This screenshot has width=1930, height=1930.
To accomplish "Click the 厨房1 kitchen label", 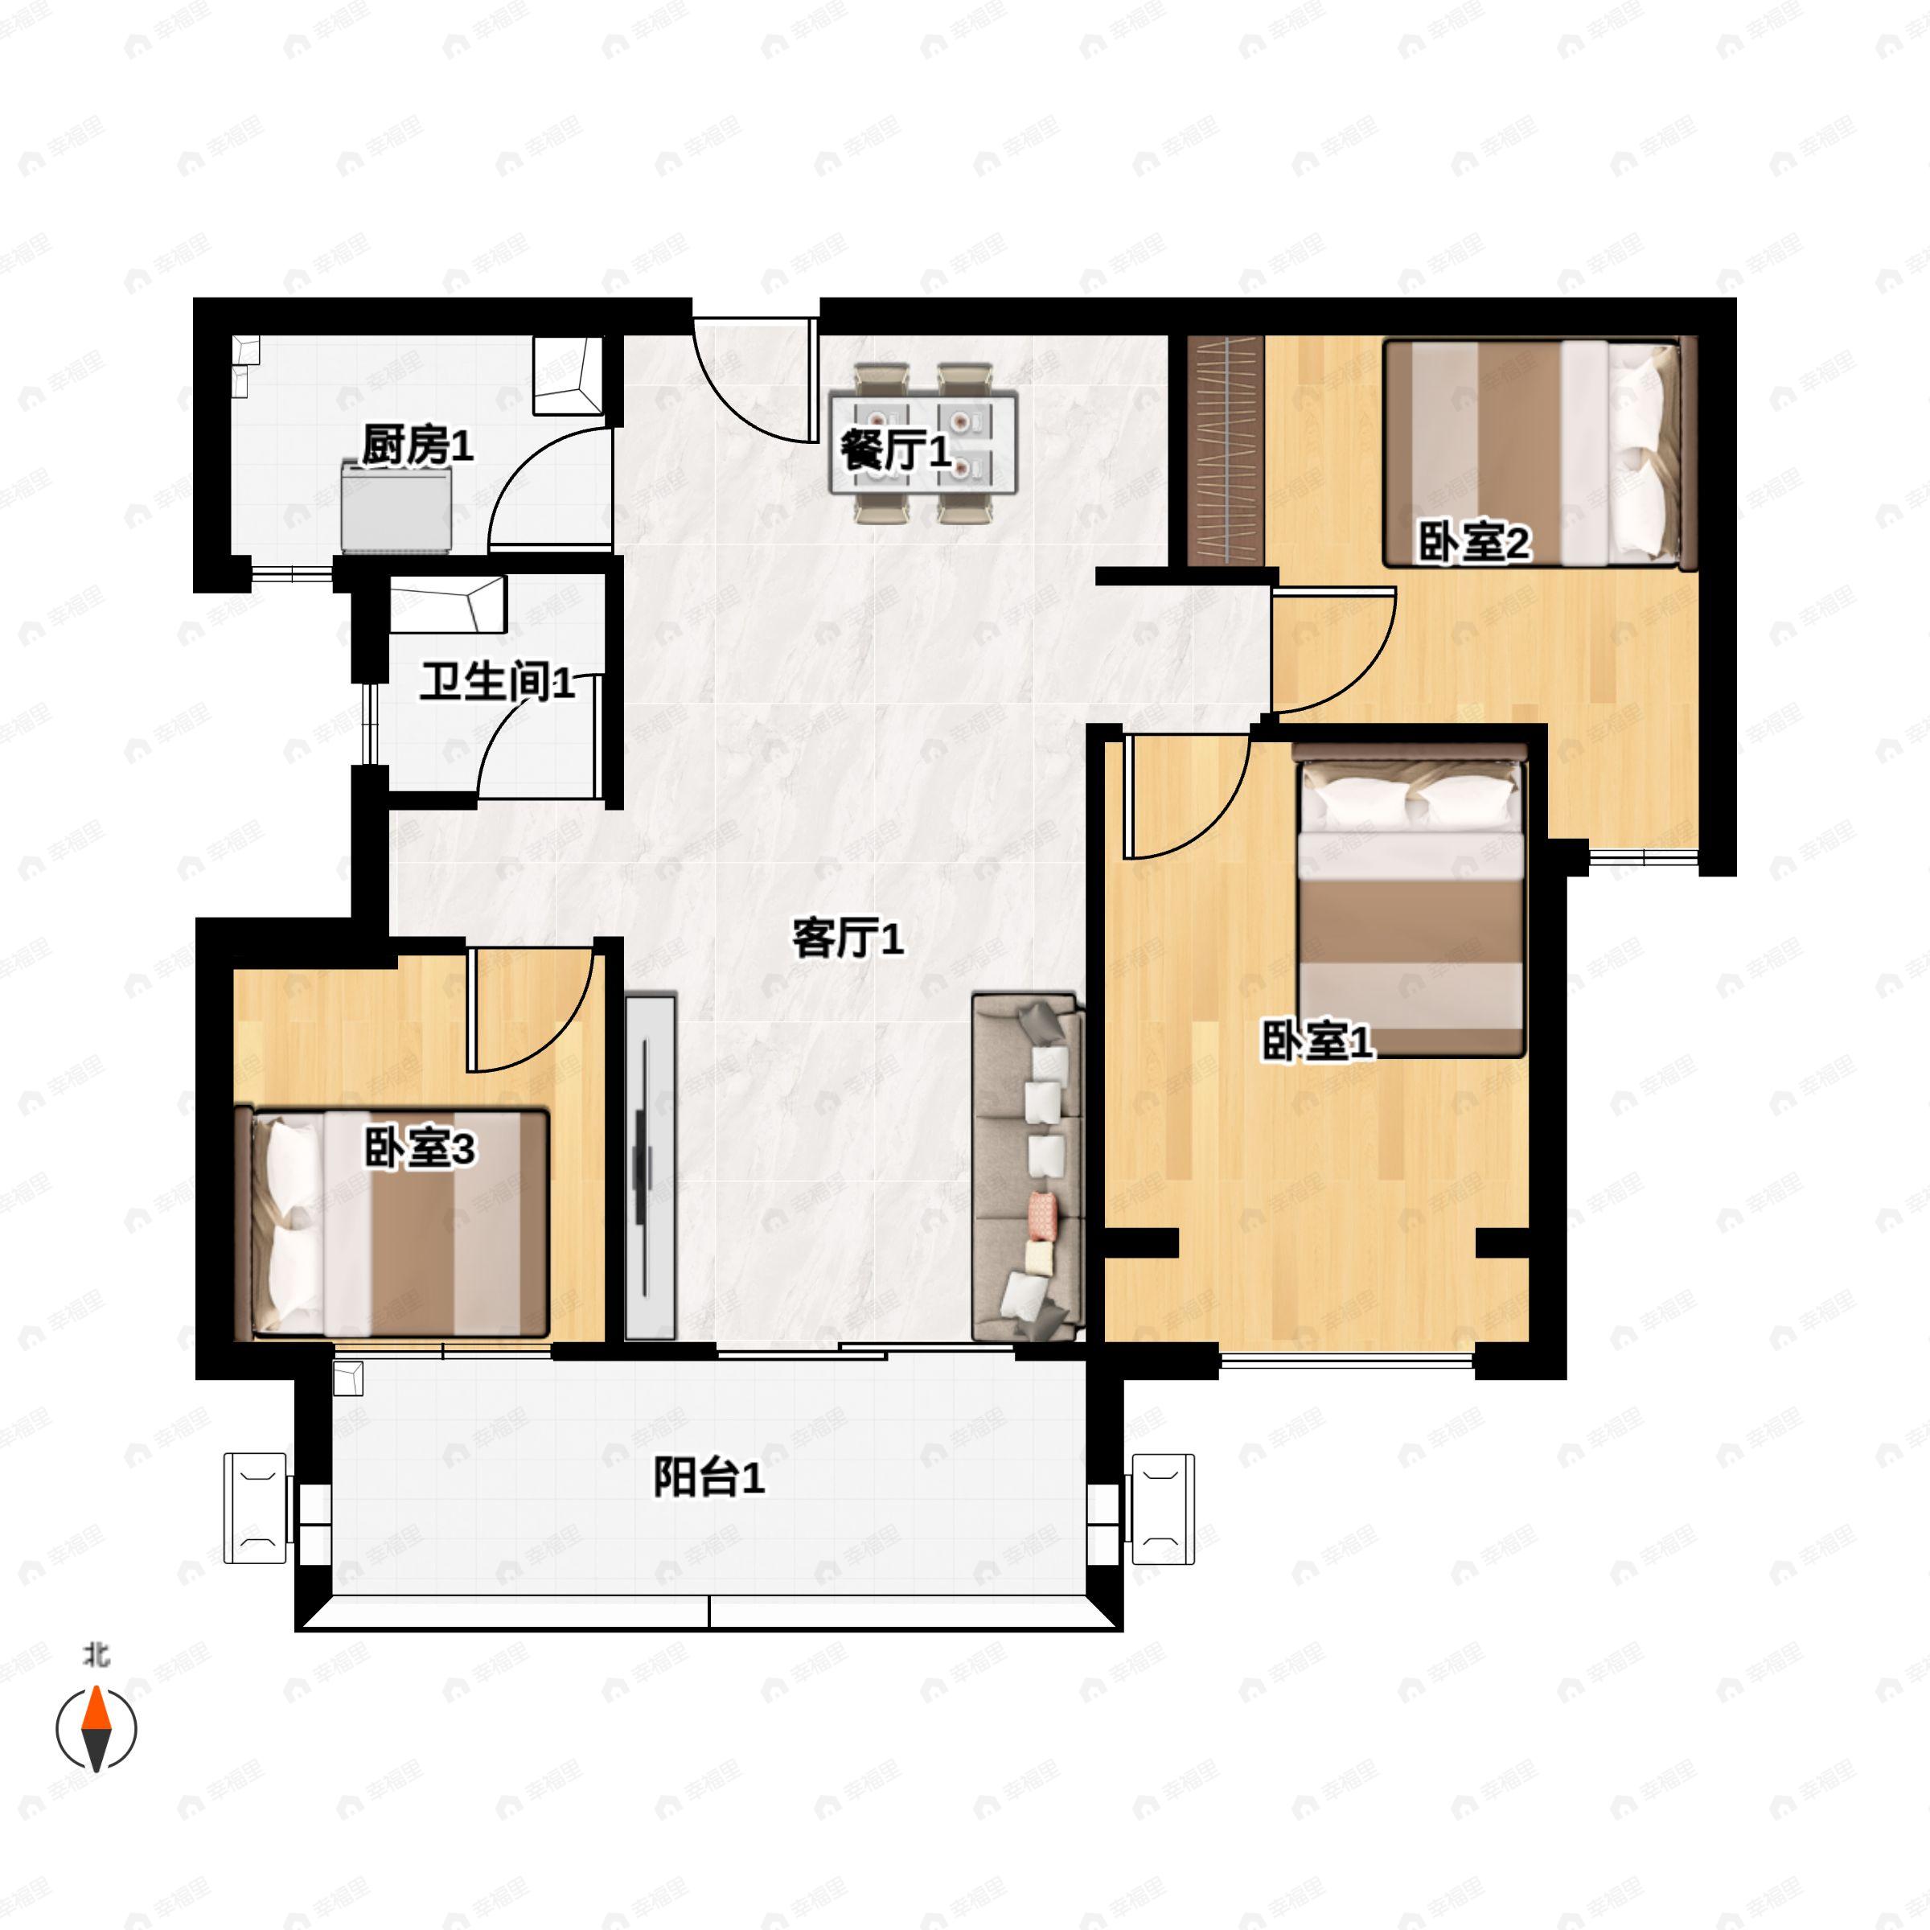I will (x=417, y=446).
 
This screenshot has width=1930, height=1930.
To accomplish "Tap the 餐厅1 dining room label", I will (x=894, y=450).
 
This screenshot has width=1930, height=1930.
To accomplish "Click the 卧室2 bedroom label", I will (x=1473, y=544).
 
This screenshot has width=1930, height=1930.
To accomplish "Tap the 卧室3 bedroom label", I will (x=418, y=1149).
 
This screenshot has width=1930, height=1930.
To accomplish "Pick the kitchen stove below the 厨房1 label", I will (x=396, y=507).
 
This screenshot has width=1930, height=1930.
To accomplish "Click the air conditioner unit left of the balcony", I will (x=257, y=1508).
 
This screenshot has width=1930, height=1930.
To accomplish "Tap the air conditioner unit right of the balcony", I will (x=1162, y=1508).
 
